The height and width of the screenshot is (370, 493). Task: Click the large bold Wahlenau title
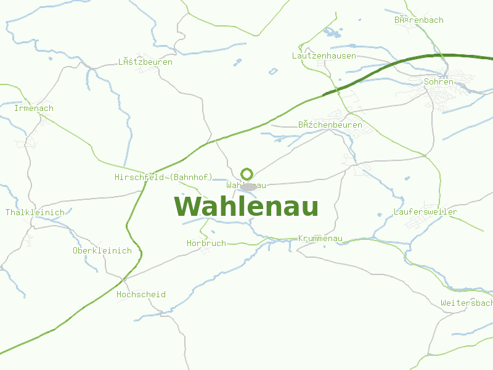246,207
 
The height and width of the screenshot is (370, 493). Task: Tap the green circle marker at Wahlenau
246,174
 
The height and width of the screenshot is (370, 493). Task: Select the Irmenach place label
34,109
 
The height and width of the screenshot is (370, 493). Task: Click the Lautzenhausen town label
324,56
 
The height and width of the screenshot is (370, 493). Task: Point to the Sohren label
439,81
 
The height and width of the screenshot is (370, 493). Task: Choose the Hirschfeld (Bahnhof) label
163,177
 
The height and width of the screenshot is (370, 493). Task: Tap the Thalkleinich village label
35,212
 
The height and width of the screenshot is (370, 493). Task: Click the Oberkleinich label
102,250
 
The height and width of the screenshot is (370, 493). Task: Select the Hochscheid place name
141,295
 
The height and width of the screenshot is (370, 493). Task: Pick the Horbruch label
206,244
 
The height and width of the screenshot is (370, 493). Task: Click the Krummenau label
320,239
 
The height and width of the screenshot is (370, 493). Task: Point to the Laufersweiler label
425,212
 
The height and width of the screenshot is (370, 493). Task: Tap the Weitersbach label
467,303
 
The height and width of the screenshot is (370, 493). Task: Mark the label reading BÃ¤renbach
419,20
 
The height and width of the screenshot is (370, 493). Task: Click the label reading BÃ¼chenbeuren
330,125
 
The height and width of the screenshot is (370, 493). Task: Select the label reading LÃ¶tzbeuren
145,62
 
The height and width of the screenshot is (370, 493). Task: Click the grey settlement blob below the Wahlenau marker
248,187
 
